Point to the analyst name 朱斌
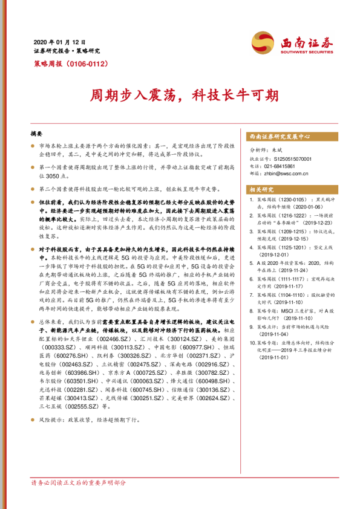pos(278,151)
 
